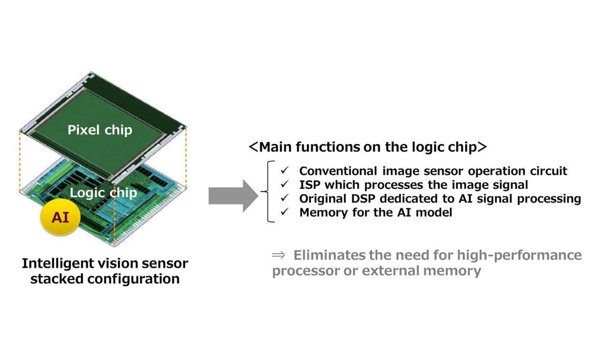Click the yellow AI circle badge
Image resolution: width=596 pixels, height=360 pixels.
click(60, 217)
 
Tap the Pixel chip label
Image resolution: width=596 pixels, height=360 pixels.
click(100, 130)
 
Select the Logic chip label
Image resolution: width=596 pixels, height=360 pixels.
click(103, 193)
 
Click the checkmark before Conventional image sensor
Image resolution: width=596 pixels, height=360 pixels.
click(285, 170)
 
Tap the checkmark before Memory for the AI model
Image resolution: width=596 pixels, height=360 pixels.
click(285, 213)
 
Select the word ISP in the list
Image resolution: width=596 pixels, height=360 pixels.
click(310, 184)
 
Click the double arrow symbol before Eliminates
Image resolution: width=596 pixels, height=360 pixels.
click(279, 255)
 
